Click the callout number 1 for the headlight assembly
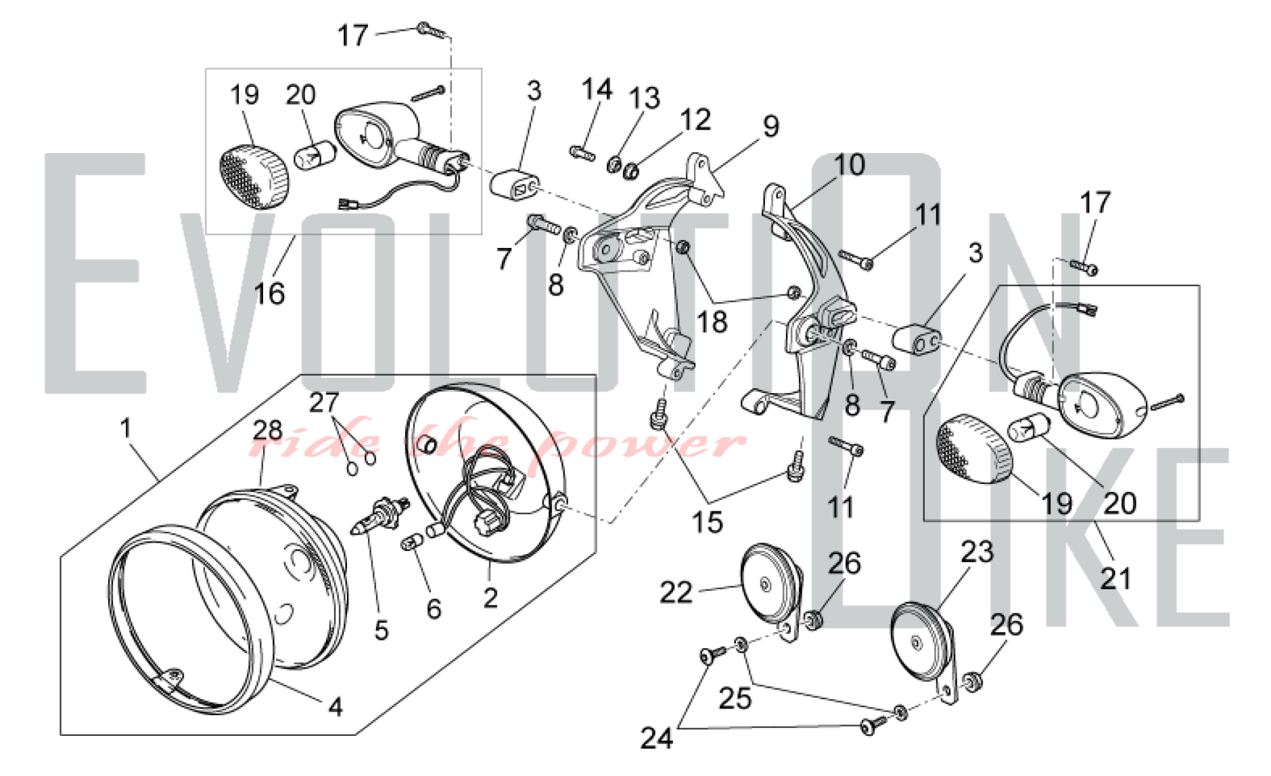click(126, 428)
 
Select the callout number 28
click(268, 431)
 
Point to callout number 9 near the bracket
click(771, 126)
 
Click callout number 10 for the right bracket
click(850, 165)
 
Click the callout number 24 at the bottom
click(656, 738)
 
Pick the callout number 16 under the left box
click(269, 294)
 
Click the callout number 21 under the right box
click(1116, 579)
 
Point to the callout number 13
click(644, 99)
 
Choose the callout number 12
click(695, 120)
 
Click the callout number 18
click(712, 322)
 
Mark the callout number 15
click(707, 522)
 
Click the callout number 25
click(735, 698)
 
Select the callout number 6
click(433, 609)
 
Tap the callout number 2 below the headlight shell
click(490, 598)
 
